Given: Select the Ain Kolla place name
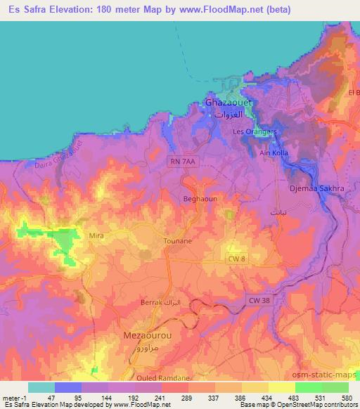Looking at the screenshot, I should (x=274, y=153).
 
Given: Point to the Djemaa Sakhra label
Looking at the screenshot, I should (x=312, y=189).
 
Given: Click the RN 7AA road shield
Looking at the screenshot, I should (x=181, y=162).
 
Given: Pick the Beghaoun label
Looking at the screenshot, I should (x=197, y=200).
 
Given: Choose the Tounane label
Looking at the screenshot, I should (x=177, y=240).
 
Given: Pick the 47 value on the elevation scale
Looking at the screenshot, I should (x=41, y=397).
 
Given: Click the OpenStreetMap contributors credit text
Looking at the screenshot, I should (x=321, y=405).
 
